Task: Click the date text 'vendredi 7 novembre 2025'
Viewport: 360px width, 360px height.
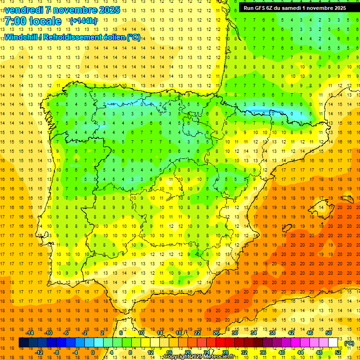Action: pos(62,10)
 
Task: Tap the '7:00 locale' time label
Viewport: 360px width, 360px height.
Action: pos(33,21)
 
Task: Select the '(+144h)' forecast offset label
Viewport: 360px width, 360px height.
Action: pos(83,21)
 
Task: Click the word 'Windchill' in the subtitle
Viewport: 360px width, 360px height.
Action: pos(21,37)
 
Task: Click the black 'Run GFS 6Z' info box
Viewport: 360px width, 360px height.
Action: pos(295,7)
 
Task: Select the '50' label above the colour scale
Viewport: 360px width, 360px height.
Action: pos(329,333)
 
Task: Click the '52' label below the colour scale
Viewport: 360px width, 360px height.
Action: pos(338,352)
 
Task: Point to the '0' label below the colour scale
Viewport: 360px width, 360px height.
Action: pos(93,352)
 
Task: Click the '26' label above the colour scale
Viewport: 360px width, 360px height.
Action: pos(216,333)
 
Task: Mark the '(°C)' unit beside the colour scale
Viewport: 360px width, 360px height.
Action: pos(349,343)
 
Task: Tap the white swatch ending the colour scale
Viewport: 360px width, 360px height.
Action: pos(333,343)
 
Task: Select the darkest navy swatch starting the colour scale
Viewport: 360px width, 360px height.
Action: pos(23,343)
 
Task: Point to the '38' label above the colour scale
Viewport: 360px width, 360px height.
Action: pos(272,333)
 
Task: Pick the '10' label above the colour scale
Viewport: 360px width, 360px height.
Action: pos(141,333)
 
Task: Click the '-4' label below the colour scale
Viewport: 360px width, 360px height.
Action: pos(75,352)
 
